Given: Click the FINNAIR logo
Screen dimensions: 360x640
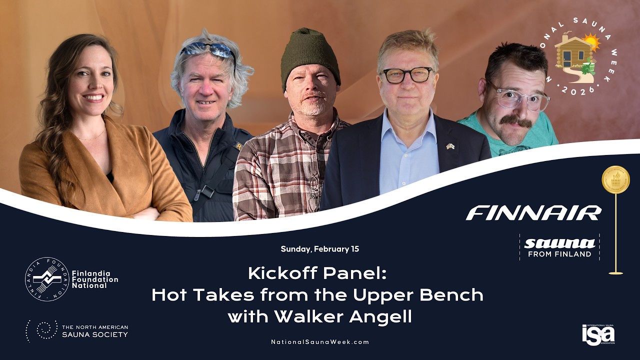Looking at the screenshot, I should (533, 212).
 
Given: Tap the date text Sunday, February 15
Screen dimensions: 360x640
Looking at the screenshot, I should (320, 249).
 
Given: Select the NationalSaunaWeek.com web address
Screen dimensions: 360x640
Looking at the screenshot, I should (320, 342).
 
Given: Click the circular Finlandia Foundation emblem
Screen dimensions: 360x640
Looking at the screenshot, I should (47, 279).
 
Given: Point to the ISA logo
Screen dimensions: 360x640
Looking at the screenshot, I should (598, 334).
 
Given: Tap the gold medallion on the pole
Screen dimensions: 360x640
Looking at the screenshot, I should (615, 180).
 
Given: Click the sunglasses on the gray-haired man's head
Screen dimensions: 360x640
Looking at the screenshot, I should (208, 49).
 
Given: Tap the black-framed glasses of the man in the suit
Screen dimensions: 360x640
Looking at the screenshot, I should (407, 75).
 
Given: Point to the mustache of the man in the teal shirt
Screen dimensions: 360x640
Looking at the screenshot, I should (516, 121).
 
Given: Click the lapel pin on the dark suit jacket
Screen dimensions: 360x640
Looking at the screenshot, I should (450, 146).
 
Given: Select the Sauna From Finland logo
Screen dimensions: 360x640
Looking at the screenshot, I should (559, 247).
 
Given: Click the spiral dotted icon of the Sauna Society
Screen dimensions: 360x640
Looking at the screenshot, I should (42, 330).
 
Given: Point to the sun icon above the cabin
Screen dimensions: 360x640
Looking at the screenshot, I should (591, 41).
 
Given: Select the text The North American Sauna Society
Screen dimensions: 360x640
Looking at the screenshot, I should (94, 331).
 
